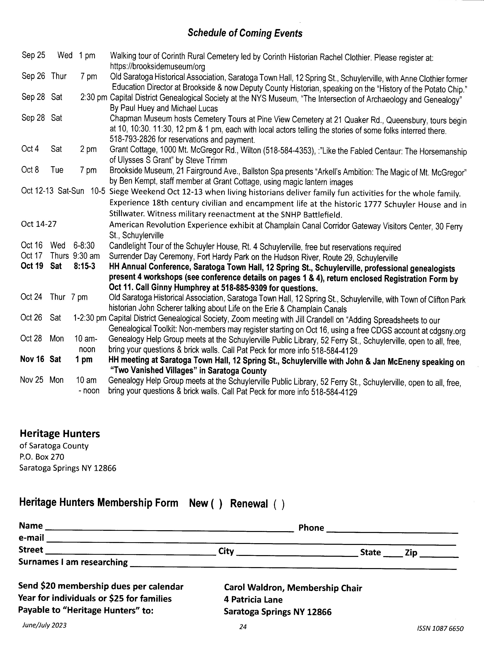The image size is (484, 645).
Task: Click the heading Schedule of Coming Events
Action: (x=245, y=33)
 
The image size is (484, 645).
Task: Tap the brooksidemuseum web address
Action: (x=157, y=67)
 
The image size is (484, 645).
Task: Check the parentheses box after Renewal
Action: (x=279, y=504)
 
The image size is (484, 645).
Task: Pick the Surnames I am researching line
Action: (x=293, y=567)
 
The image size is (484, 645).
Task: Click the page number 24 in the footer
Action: (x=243, y=626)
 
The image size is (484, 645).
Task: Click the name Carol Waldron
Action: (x=254, y=588)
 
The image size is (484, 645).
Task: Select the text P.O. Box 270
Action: (x=42, y=457)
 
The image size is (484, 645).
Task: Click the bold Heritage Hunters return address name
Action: (x=60, y=434)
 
